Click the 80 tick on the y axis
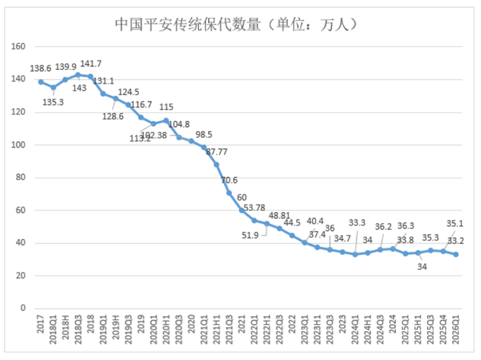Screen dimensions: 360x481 click(20, 178)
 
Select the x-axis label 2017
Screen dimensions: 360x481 click(41, 324)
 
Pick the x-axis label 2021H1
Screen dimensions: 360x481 click(217, 328)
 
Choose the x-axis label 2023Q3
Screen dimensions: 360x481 click(331, 328)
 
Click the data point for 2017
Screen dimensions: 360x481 click(41, 82)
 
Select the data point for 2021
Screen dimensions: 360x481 click(242, 210)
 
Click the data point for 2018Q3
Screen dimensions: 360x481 click(78, 75)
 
